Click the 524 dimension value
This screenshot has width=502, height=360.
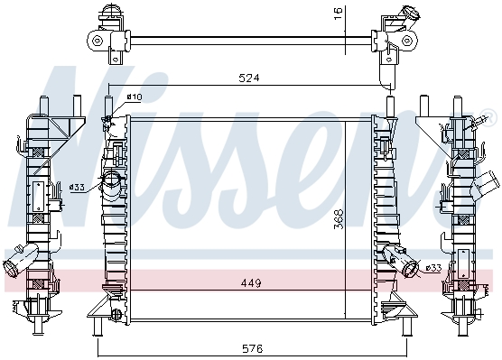249,78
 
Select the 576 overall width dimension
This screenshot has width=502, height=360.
252,348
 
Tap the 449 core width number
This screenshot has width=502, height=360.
251,283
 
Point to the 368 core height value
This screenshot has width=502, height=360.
339,219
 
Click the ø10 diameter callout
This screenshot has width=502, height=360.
135,97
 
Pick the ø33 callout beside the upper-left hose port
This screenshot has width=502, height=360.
77,187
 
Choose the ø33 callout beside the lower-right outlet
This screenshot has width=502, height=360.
433,268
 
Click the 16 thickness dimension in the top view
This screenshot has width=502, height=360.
338,14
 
